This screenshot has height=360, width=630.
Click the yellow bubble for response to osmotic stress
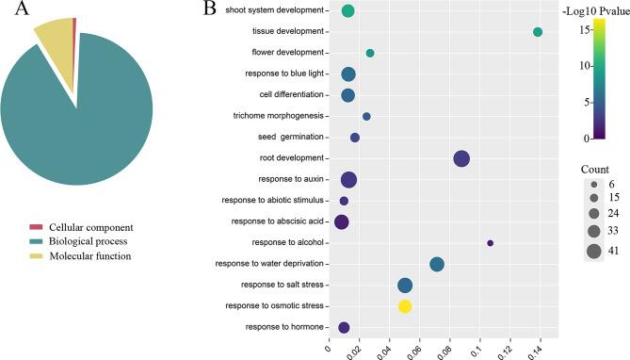click(405, 306)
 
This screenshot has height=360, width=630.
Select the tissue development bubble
click(538, 32)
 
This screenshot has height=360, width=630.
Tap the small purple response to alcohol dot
click(490, 243)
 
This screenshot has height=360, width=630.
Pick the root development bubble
click(461, 158)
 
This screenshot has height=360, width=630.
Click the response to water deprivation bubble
click(437, 264)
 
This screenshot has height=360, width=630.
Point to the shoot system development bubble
click(347, 11)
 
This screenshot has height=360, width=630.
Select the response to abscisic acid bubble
click(342, 221)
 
